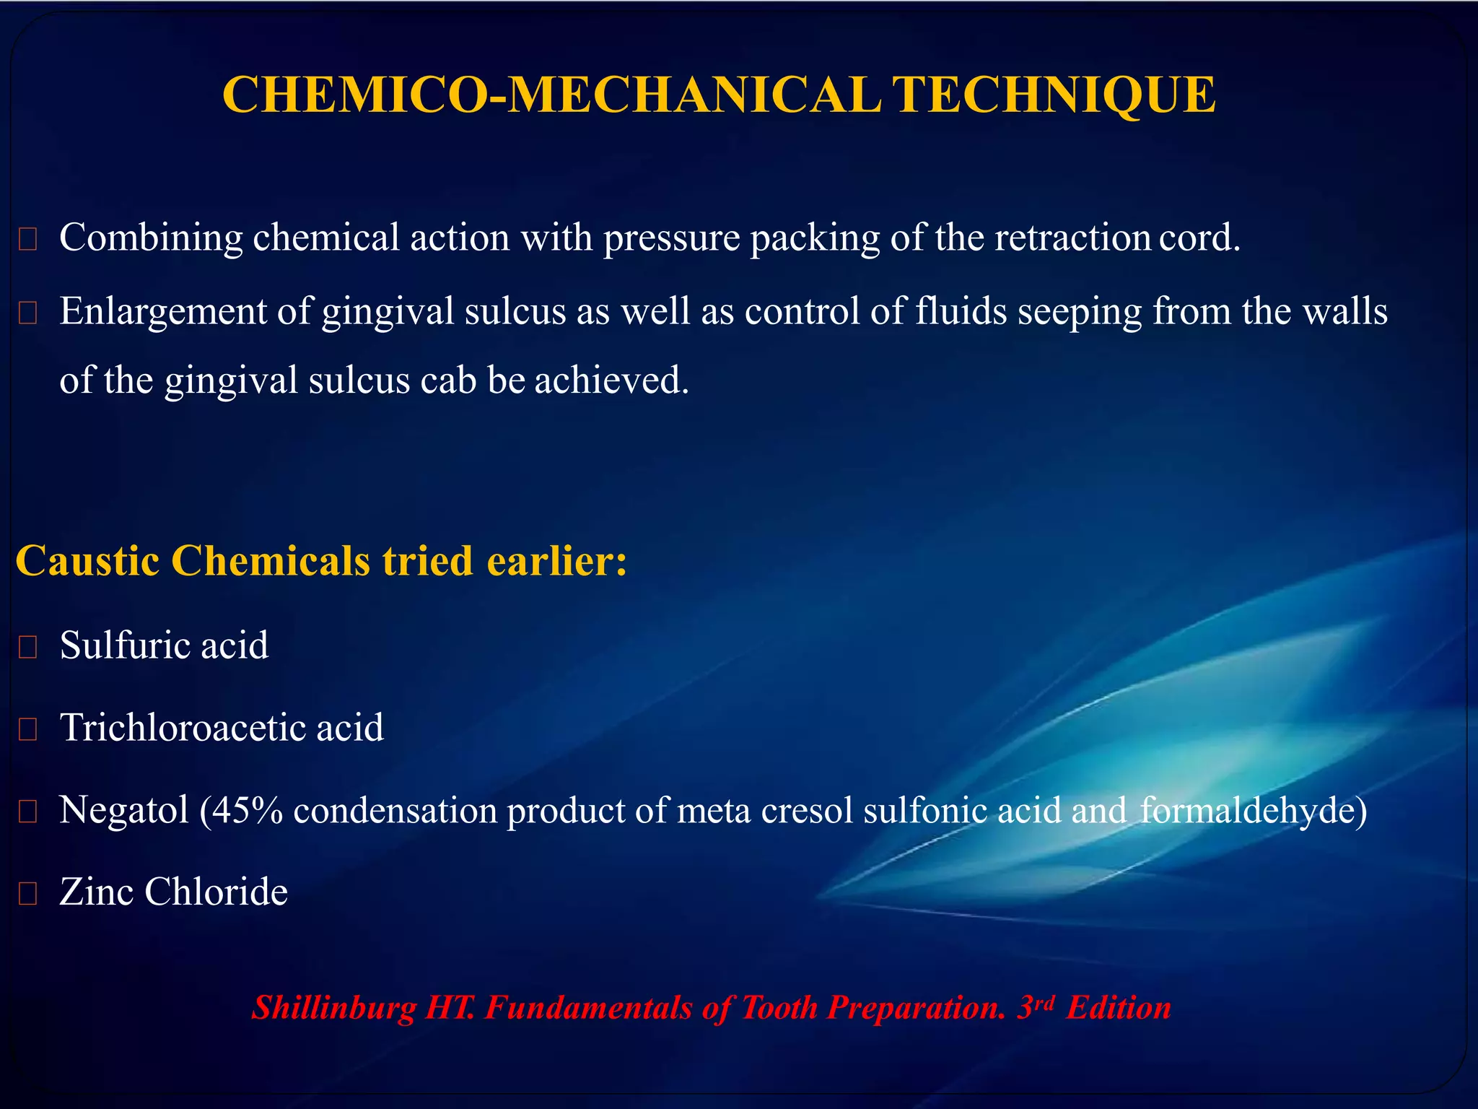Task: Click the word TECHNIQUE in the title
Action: (1054, 95)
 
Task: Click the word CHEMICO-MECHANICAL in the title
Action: (551, 95)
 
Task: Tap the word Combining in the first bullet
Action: (151, 238)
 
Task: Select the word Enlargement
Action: (163, 312)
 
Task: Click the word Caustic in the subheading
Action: (87, 561)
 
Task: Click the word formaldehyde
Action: (1249, 810)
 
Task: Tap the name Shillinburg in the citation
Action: (333, 1008)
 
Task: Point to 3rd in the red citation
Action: (1035, 1006)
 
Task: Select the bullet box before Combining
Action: (27, 240)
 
